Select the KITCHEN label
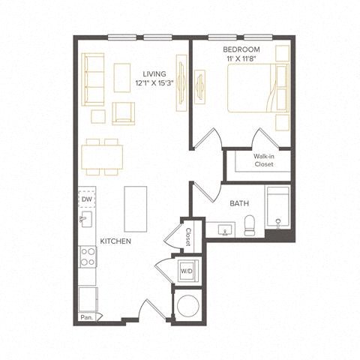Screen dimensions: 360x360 116,241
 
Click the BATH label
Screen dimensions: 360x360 239,203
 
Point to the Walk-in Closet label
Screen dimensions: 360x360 263,159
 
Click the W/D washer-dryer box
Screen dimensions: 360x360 186,270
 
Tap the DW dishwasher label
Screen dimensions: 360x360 88,199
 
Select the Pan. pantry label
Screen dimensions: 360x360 88,316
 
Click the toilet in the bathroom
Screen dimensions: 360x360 250,223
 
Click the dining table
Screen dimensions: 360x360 103,157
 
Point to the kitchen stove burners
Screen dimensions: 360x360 88,257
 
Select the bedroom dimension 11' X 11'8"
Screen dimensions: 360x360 243,58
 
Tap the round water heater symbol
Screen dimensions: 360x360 187,305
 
